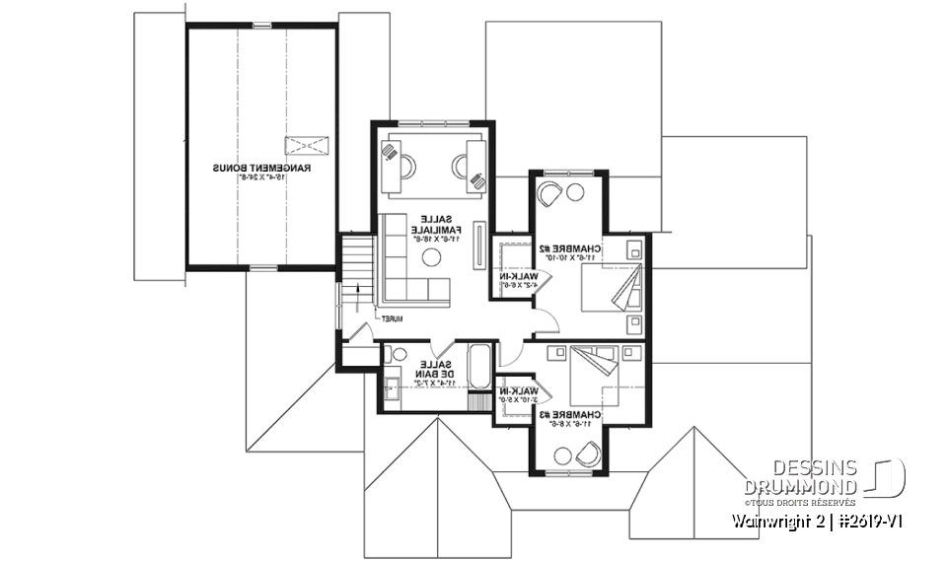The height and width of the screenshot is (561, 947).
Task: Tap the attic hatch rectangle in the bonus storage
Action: pyautogui.click(x=305, y=146)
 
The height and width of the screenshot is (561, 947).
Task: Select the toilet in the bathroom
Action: pyautogui.click(x=399, y=355)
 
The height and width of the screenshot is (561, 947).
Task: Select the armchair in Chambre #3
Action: pyautogui.click(x=587, y=453)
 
